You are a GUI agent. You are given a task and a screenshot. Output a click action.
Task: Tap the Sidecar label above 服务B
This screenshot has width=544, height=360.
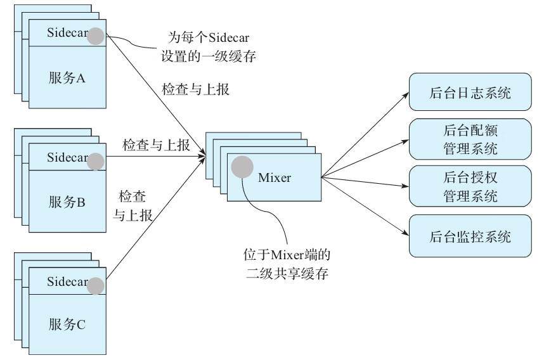click(x=66, y=157)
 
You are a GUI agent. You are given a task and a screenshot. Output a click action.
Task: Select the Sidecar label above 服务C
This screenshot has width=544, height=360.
click(x=66, y=281)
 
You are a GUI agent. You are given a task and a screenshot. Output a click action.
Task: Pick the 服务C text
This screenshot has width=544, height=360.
click(x=67, y=326)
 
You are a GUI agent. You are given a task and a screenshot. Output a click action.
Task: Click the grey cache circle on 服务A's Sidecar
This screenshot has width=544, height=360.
click(x=96, y=36)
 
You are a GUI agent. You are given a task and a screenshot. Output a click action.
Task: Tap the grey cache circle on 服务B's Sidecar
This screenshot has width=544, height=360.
click(x=96, y=161)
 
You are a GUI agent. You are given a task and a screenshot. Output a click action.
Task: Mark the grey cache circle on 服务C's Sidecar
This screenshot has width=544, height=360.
click(x=96, y=285)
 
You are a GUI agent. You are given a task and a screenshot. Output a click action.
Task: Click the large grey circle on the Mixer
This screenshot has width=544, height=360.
click(x=242, y=167)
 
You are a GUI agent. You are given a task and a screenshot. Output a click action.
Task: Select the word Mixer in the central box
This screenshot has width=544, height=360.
click(x=275, y=177)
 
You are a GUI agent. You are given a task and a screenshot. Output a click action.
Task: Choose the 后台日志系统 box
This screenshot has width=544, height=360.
click(x=470, y=93)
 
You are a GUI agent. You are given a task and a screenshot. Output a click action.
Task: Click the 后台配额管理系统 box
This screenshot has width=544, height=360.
click(x=470, y=139)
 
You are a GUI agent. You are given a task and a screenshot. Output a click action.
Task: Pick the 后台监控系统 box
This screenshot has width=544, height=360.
click(x=470, y=236)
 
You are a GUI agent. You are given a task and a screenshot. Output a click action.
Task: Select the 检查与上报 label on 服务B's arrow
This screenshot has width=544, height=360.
click(x=156, y=145)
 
